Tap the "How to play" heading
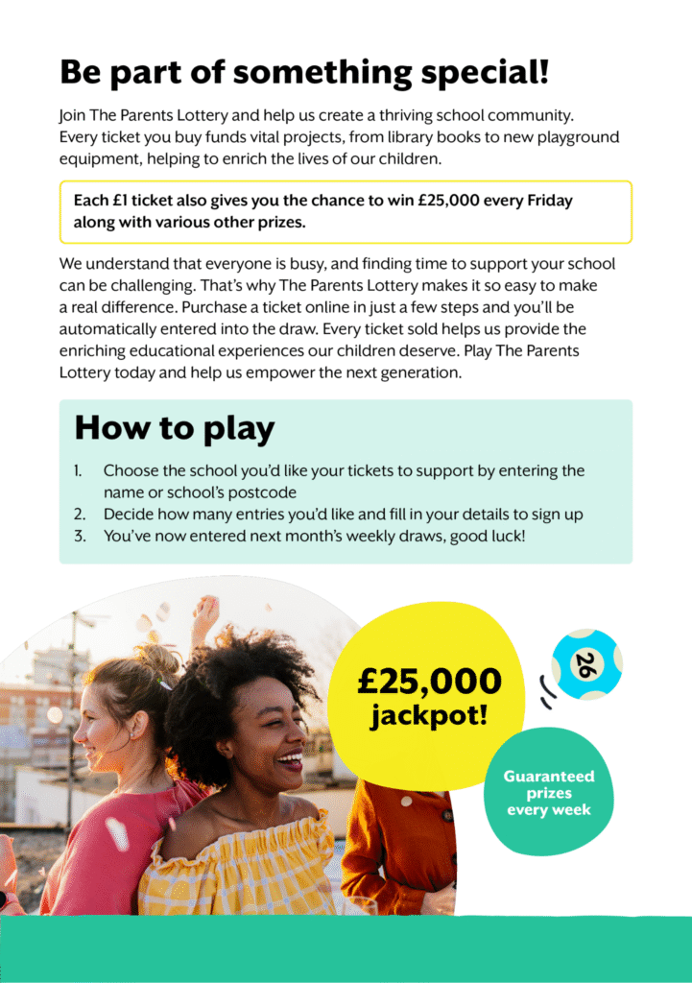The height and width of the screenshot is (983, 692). pyautogui.click(x=174, y=428)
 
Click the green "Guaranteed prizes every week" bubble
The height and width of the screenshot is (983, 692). pyautogui.click(x=549, y=792)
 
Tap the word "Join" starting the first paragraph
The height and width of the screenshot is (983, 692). pyautogui.click(x=73, y=116)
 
